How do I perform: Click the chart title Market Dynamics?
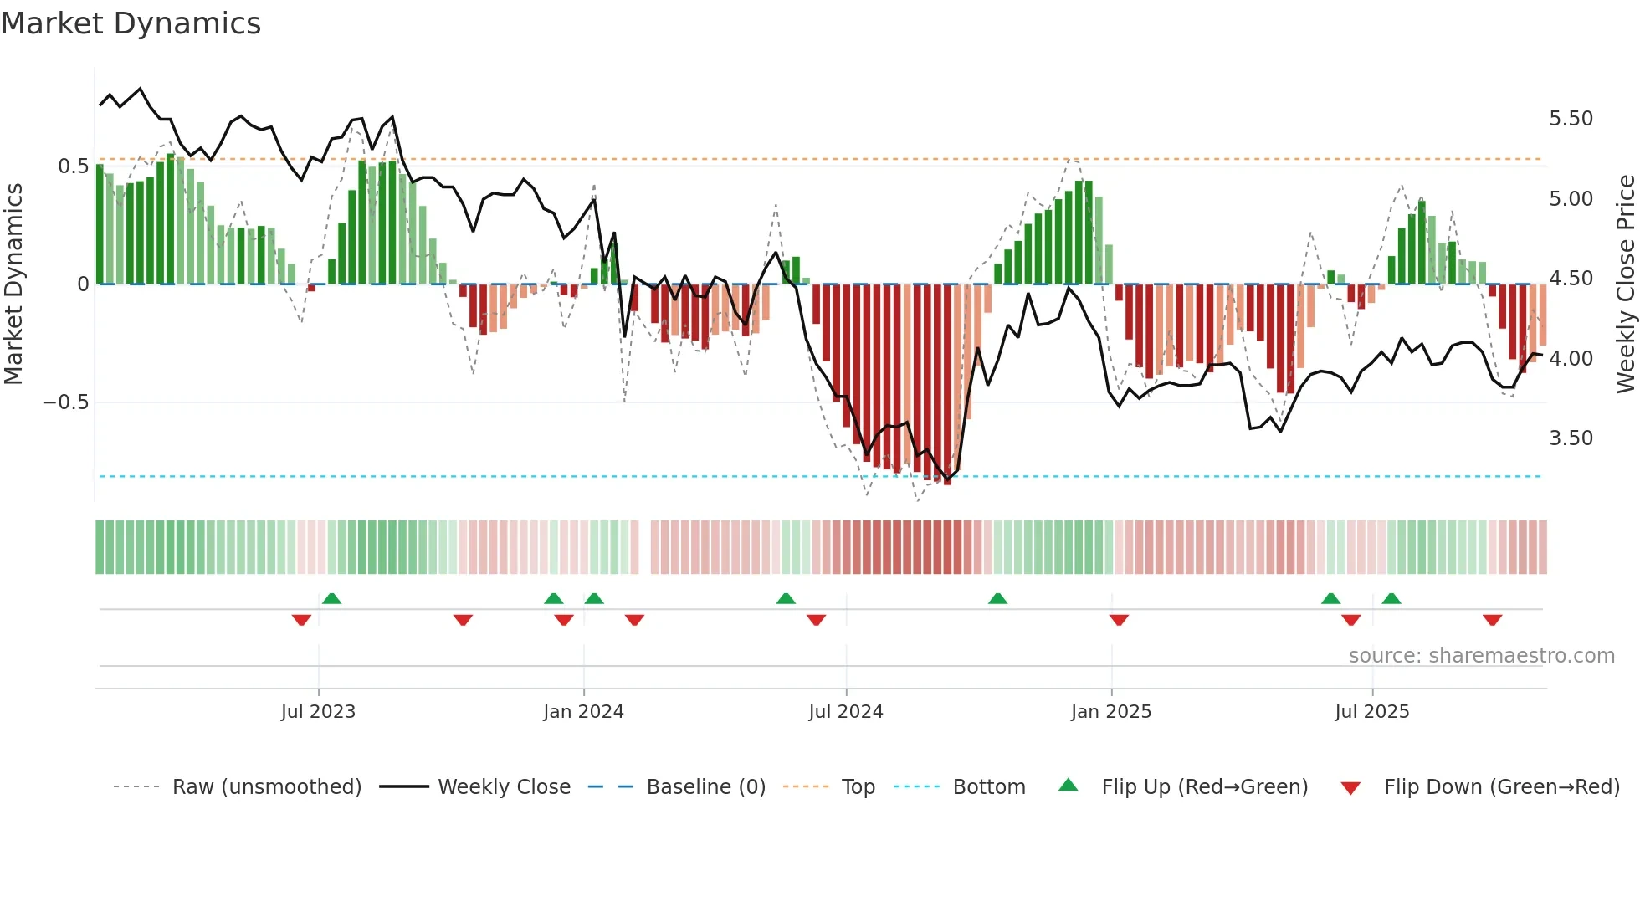(x=131, y=23)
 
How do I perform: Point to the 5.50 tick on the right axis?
(x=1571, y=119)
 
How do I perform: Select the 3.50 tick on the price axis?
(x=1571, y=438)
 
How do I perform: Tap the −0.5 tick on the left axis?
(x=65, y=402)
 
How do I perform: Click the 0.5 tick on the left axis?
(x=73, y=166)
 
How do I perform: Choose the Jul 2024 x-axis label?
(x=845, y=712)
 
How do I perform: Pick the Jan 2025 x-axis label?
(x=1110, y=712)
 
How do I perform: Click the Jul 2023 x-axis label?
(x=318, y=712)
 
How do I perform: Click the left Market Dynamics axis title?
(x=13, y=284)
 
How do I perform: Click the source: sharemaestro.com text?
(x=1481, y=656)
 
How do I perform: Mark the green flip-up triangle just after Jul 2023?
(x=331, y=599)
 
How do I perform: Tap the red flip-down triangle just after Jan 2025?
(x=1119, y=620)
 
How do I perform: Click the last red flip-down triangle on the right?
(x=1492, y=620)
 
